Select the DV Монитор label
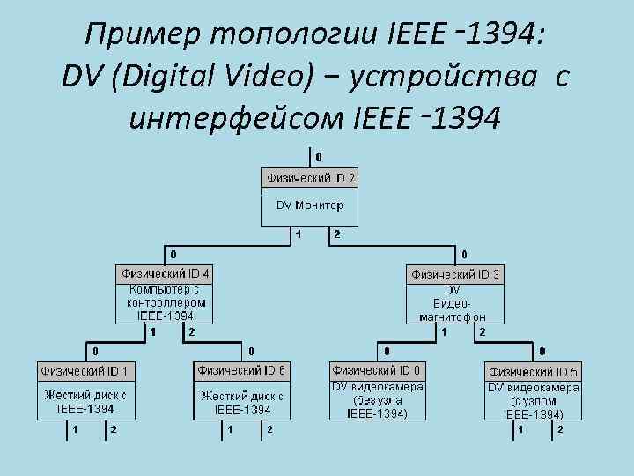pyautogui.click(x=311, y=205)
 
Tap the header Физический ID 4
pyautogui.click(x=166, y=273)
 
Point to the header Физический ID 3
pyautogui.click(x=455, y=274)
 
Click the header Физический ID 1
pyautogui.click(x=87, y=371)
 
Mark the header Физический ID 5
pyautogui.click(x=533, y=371)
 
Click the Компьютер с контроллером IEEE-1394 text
pyautogui.click(x=166, y=301)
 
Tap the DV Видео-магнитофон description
pyautogui.click(x=453, y=302)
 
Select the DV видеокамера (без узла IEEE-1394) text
pyautogui.click(x=377, y=400)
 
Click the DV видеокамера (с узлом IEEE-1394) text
pyautogui.click(x=533, y=400)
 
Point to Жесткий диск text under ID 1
pyautogui.click(x=85, y=402)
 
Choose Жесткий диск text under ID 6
pyautogui.click(x=243, y=403)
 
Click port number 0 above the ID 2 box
pyautogui.click(x=318, y=157)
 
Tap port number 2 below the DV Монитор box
pyautogui.click(x=337, y=235)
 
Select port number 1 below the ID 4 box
pyautogui.click(x=152, y=332)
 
